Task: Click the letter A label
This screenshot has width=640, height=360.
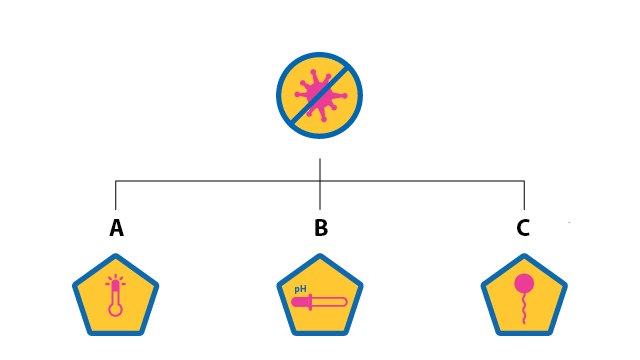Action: pyautogui.click(x=116, y=229)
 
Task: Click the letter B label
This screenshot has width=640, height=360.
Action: pyautogui.click(x=320, y=229)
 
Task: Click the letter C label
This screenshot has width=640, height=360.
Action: pyautogui.click(x=523, y=228)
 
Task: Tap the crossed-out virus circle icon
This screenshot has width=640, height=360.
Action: pyautogui.click(x=320, y=95)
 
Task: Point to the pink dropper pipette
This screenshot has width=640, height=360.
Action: pyautogui.click(x=317, y=302)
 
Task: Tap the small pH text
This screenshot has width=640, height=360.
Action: pyautogui.click(x=299, y=288)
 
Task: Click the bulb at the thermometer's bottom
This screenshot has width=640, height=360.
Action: pyautogui.click(x=115, y=310)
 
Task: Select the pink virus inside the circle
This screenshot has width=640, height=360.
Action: pyautogui.click(x=320, y=96)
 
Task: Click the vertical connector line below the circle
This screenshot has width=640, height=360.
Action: pyautogui.click(x=320, y=169)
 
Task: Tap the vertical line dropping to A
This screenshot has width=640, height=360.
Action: pyautogui.click(x=116, y=195)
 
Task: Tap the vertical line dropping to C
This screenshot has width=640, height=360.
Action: pyautogui.click(x=524, y=195)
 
